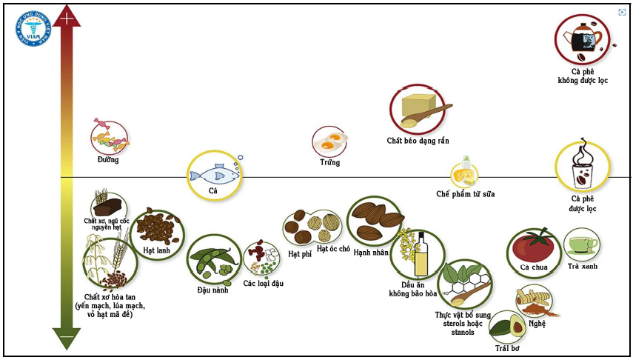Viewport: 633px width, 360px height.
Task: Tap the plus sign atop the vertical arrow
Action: point(67,19)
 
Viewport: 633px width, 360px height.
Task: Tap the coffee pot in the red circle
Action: point(583,41)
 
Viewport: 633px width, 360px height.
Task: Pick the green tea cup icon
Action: point(582,244)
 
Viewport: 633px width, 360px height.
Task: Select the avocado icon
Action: point(510,326)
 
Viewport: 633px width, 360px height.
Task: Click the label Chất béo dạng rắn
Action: point(418,140)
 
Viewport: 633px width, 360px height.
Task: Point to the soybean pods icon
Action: point(213,260)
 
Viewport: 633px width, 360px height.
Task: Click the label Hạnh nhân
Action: point(371,253)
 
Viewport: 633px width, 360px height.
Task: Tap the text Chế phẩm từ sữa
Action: point(465,194)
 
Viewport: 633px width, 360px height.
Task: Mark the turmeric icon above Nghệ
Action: point(533,299)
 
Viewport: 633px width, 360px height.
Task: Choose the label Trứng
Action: point(330,162)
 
